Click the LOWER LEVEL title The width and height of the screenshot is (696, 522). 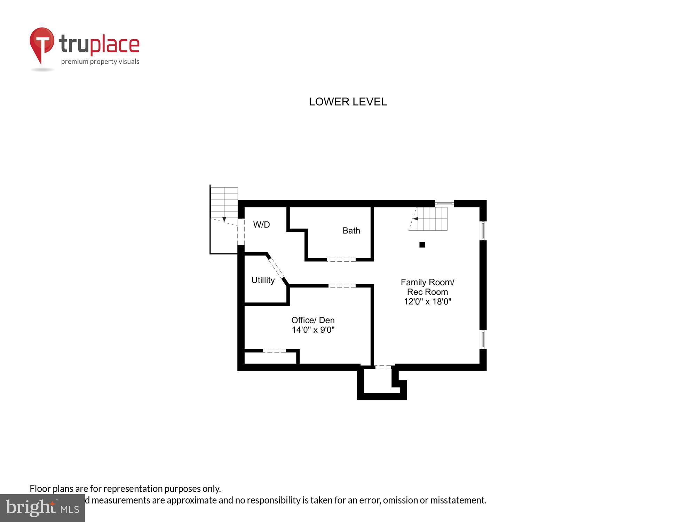tap(348, 102)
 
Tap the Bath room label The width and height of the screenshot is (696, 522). tap(351, 230)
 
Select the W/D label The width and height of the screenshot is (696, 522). tap(261, 225)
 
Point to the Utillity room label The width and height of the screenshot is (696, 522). tap(263, 280)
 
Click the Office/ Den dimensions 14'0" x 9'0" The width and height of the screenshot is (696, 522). tap(313, 330)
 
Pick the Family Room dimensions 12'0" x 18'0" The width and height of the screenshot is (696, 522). tap(427, 302)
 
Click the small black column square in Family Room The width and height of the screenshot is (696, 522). tap(422, 245)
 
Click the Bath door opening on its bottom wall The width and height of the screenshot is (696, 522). tap(341, 260)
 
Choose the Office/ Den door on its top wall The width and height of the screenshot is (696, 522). tap(342, 286)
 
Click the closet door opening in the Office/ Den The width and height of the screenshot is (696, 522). tap(274, 351)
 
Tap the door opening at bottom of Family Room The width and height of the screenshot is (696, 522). tap(383, 367)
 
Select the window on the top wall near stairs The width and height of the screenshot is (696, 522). tap(444, 203)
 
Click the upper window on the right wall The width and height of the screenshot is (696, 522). tap(483, 231)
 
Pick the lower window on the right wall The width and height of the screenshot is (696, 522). tap(483, 339)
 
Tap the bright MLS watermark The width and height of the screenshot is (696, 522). tap(42, 508)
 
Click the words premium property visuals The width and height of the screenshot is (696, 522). tap(100, 62)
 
